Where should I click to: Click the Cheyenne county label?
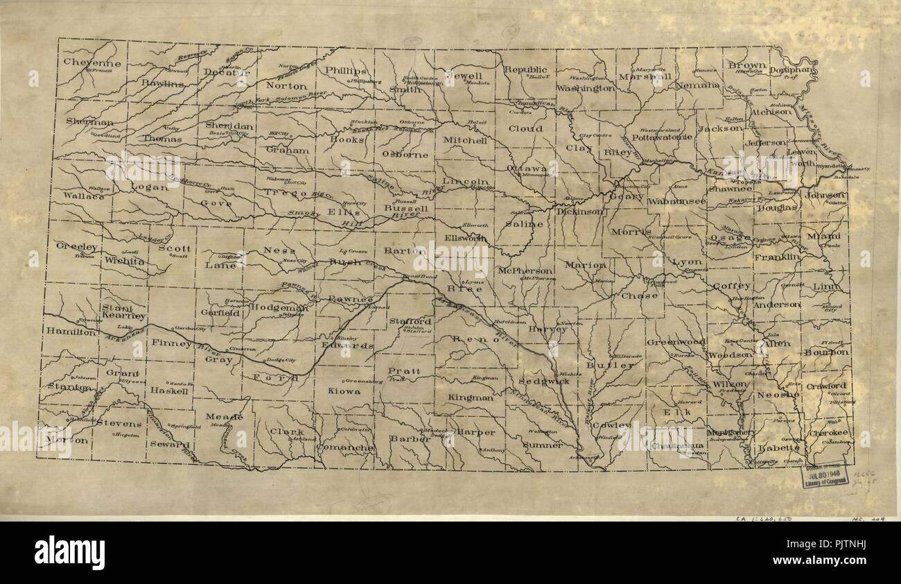point(92,62)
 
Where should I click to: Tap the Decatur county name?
point(226,72)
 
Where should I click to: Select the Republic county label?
point(525,70)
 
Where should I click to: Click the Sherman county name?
point(89,121)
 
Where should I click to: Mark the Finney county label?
point(171,343)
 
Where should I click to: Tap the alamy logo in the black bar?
point(69,553)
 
